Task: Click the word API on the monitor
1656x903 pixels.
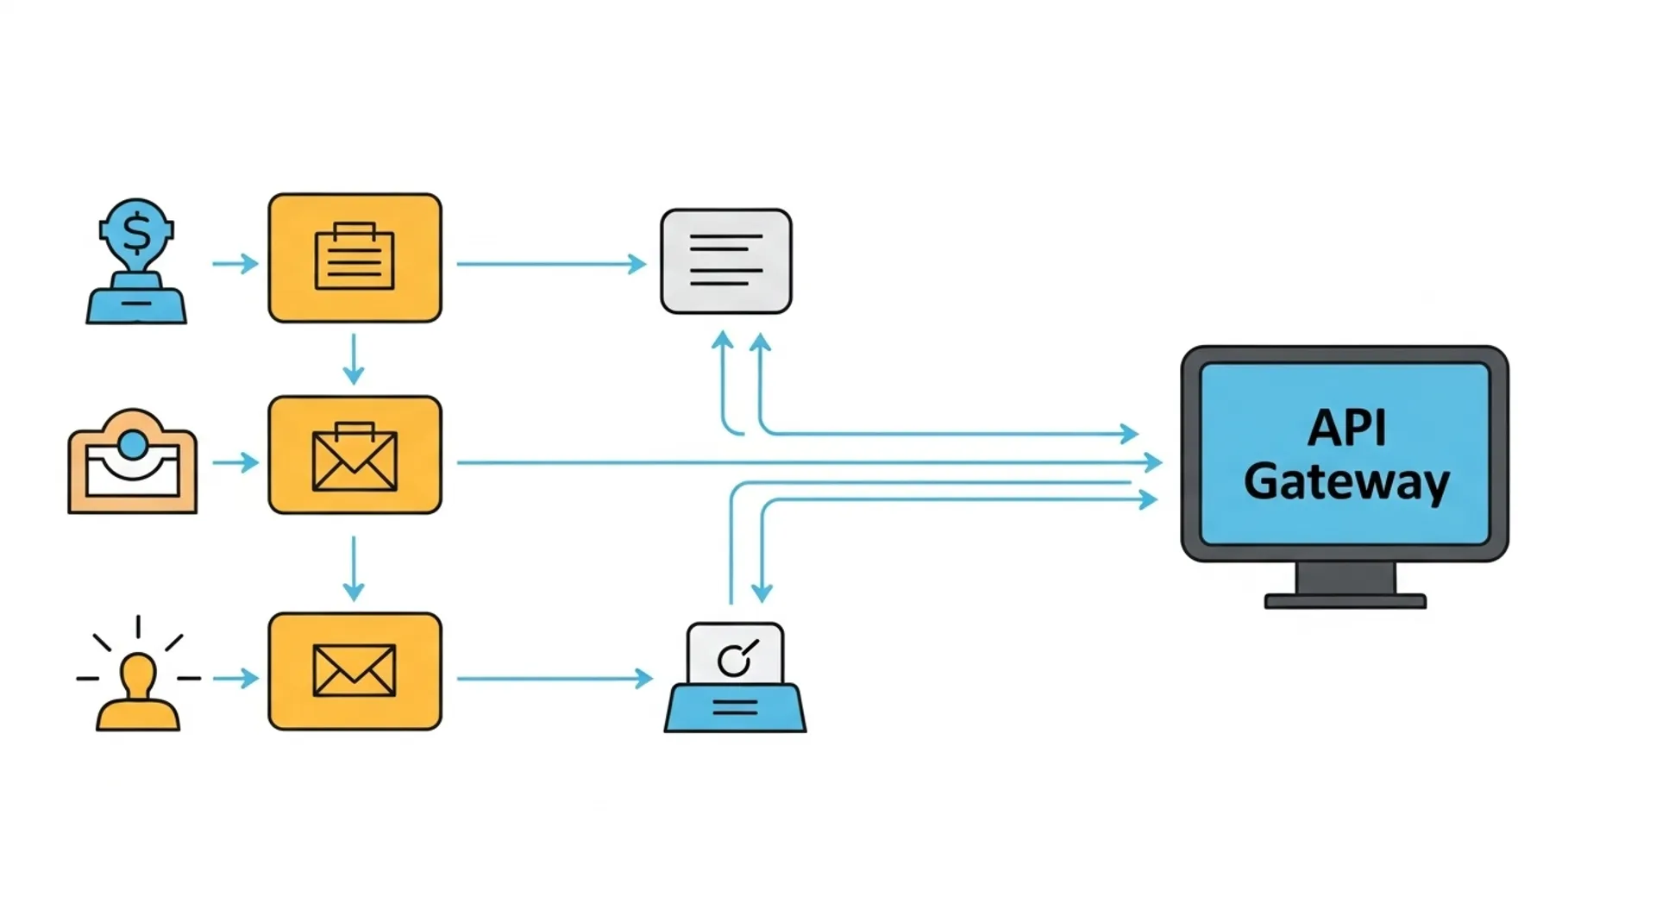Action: pyautogui.click(x=1345, y=428)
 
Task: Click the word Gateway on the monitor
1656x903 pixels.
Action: pyautogui.click(x=1345, y=482)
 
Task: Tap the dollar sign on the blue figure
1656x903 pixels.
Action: pyautogui.click(x=136, y=232)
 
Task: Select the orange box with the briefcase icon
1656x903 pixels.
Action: pyautogui.click(x=354, y=258)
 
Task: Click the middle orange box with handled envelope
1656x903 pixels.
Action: pyautogui.click(x=354, y=455)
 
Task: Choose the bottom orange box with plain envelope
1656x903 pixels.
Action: pyautogui.click(x=354, y=671)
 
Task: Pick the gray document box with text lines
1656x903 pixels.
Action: pyautogui.click(x=725, y=260)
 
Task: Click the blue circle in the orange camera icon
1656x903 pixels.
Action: pyautogui.click(x=133, y=445)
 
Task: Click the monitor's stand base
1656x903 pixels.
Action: pyautogui.click(x=1345, y=601)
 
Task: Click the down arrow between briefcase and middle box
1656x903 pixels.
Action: pyautogui.click(x=354, y=359)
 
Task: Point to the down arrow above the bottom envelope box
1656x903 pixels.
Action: pyautogui.click(x=354, y=569)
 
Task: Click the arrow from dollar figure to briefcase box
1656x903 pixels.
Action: pyautogui.click(x=235, y=263)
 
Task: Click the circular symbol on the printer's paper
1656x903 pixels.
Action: pyautogui.click(x=735, y=661)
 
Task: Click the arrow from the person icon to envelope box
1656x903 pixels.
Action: pyautogui.click(x=235, y=679)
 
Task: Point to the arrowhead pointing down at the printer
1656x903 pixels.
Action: pyautogui.click(x=762, y=592)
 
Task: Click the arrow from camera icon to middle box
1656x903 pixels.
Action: pyautogui.click(x=235, y=463)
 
